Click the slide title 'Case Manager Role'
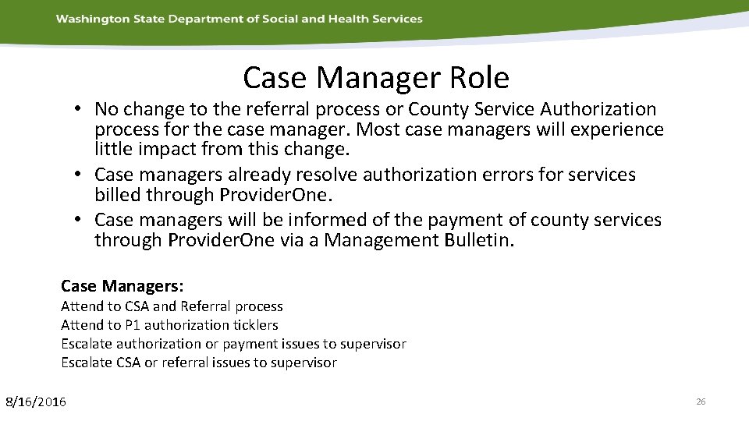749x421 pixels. [x=375, y=77]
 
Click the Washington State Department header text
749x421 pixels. [x=239, y=19]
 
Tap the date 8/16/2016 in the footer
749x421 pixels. [x=36, y=402]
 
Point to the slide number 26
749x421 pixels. [x=700, y=402]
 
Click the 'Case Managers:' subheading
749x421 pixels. [x=122, y=286]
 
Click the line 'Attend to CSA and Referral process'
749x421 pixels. [x=172, y=306]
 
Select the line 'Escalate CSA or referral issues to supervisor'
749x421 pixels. [x=199, y=363]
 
